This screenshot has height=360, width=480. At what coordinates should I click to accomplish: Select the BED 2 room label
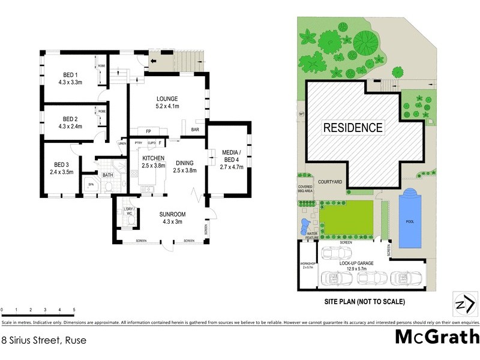coord(70,119)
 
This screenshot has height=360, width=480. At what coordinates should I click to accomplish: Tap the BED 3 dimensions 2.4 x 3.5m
coord(62,172)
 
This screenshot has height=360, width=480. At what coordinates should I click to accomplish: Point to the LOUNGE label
coord(168,98)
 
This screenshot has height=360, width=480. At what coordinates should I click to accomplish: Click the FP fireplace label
coord(148,130)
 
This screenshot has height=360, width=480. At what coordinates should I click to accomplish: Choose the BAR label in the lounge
coord(195,130)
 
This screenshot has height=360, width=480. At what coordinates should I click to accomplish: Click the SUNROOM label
coord(172,214)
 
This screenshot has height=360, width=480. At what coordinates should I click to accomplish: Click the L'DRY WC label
coord(128,211)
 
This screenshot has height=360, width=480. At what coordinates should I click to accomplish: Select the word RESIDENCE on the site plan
coord(353,127)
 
